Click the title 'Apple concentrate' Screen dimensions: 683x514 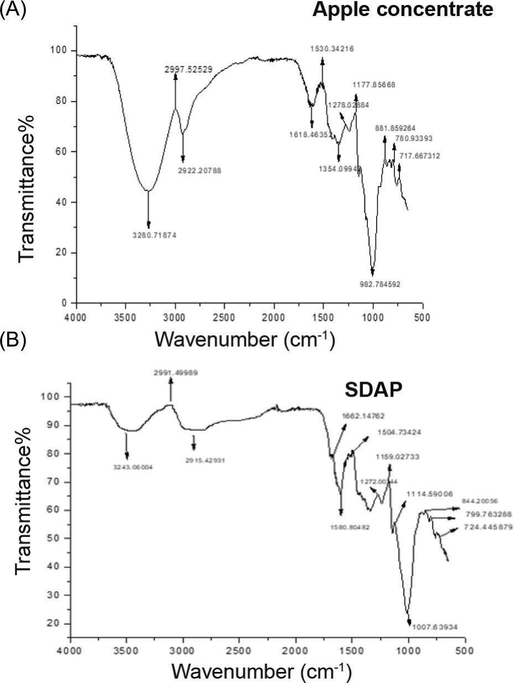402,9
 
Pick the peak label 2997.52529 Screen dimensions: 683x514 189,69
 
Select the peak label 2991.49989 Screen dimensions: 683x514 175,373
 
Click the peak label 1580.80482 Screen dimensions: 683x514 346,528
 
